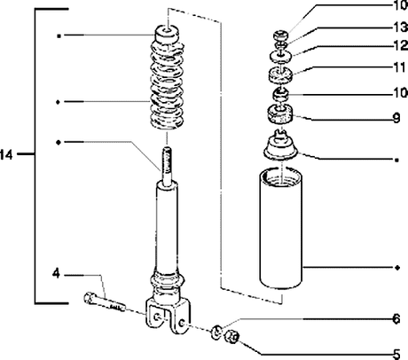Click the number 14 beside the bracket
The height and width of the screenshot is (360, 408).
(6, 154)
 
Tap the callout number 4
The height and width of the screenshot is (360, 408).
(56, 274)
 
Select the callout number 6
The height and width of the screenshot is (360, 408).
(396, 319)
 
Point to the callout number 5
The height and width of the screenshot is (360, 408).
(396, 354)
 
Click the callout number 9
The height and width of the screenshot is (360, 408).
(396, 118)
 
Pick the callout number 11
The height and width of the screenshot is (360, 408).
(400, 67)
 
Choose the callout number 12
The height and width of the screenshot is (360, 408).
(401, 45)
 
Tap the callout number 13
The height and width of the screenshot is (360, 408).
(401, 27)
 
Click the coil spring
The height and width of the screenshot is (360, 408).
(167, 86)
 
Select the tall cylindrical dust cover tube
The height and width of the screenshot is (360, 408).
(281, 229)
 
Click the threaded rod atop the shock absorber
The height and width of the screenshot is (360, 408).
(167, 167)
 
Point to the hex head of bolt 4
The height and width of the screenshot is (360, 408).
(89, 298)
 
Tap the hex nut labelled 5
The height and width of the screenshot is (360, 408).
(231, 337)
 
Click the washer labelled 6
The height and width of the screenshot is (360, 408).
(216, 332)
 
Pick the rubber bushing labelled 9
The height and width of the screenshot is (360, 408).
(280, 115)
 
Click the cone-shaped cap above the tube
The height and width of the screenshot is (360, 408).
(280, 145)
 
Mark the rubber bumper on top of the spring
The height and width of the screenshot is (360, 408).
(167, 34)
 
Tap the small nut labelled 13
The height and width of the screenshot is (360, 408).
(280, 45)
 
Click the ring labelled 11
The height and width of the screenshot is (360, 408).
(280, 74)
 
